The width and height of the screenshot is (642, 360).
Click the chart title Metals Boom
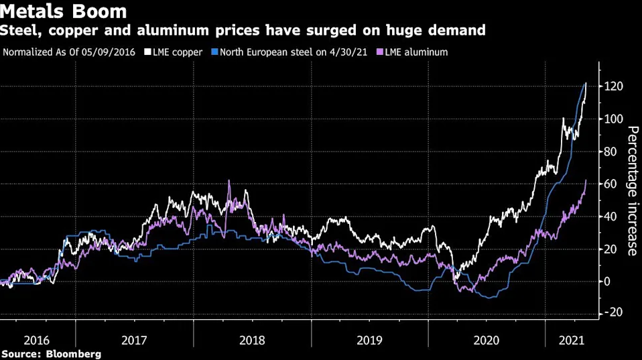click(x=64, y=11)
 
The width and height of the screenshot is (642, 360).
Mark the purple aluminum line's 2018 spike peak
click(x=229, y=180)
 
